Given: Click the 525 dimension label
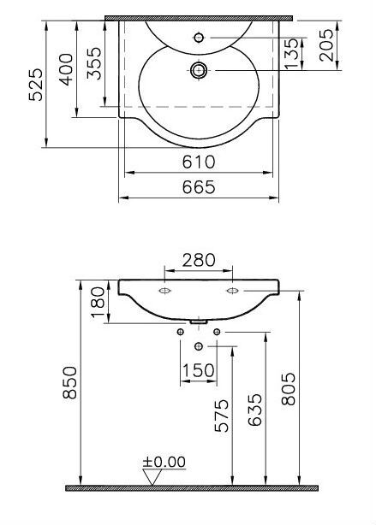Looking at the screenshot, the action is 36,85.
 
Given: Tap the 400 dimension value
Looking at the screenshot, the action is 66,69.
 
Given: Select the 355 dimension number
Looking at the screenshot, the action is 94,63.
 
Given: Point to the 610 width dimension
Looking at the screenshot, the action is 199,162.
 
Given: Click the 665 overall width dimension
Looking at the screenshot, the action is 199,187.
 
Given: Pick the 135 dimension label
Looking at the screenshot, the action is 291,54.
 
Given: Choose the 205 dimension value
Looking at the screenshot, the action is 326,45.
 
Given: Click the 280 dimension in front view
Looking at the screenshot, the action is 199,260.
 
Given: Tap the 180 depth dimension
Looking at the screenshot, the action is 98,302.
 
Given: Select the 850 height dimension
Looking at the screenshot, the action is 69,382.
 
